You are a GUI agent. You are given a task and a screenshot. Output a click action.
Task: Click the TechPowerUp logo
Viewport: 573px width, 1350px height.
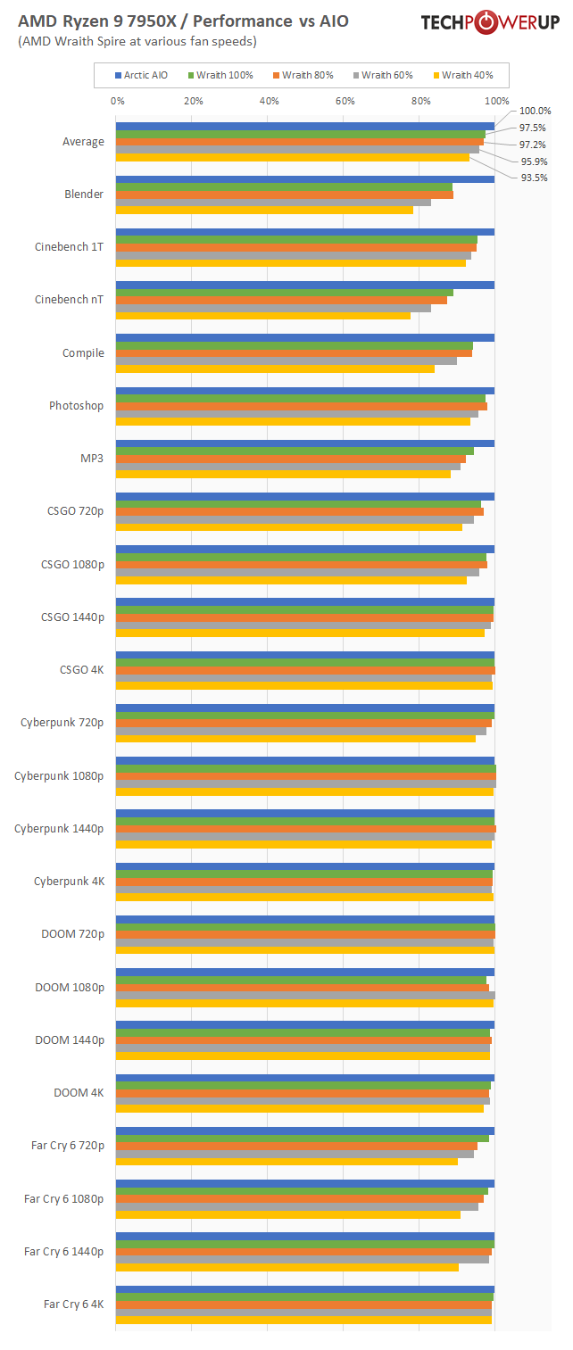(490, 22)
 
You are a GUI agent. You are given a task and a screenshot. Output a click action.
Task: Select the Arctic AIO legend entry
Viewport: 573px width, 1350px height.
(141, 75)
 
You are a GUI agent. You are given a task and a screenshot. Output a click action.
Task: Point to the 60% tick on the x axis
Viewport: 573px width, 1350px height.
(345, 101)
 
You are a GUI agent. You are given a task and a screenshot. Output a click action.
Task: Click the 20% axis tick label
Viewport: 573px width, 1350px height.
(193, 101)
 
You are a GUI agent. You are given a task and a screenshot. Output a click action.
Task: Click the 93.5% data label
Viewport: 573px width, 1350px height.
(534, 178)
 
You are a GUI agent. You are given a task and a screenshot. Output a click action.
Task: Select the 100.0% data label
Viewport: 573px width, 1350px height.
(535, 111)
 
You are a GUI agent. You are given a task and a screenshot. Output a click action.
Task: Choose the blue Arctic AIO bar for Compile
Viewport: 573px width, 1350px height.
(304, 337)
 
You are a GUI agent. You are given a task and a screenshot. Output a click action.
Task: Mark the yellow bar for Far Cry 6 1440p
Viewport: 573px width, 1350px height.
(286, 1267)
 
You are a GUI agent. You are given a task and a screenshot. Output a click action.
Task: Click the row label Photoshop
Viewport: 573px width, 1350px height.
(76, 406)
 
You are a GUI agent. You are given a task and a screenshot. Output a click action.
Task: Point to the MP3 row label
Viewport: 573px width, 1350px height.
(92, 459)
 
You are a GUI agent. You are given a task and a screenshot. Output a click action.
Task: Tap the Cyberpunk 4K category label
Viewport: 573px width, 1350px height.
(69, 882)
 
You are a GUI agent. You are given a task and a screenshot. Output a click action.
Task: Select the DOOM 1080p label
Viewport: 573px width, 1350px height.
(70, 987)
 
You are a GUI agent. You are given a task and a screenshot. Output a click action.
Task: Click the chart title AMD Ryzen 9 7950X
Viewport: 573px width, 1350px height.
(183, 21)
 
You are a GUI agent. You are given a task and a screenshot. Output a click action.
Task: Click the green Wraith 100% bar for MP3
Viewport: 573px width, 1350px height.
(295, 451)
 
